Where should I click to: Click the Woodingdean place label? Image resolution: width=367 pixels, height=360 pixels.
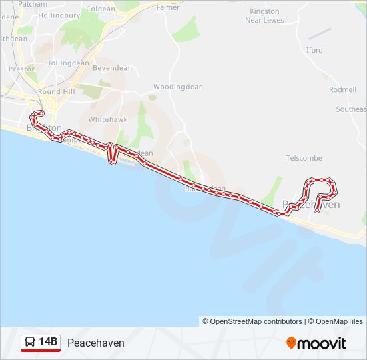click(x=173, y=87)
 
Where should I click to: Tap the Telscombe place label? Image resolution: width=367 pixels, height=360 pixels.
click(x=304, y=158)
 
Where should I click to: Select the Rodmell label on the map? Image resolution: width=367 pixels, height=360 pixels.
click(x=342, y=89)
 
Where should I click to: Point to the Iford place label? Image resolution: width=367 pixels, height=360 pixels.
click(x=314, y=50)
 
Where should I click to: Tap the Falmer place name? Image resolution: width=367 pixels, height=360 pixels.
click(x=168, y=7)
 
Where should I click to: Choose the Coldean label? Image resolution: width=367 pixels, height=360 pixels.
click(x=101, y=9)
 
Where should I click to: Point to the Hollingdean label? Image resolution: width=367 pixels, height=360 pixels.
click(x=69, y=63)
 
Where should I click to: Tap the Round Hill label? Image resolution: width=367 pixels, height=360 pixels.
click(x=57, y=92)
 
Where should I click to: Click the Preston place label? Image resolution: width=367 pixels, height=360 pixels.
click(x=23, y=69)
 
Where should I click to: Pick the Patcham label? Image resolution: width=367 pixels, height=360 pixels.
click(x=33, y=3)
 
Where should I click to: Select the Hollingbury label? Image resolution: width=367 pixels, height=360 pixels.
click(x=59, y=15)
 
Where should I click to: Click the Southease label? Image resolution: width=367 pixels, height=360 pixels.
click(x=351, y=109)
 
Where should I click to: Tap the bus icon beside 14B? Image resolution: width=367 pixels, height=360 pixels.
click(x=30, y=343)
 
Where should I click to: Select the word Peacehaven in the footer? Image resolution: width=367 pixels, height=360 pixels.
click(x=96, y=343)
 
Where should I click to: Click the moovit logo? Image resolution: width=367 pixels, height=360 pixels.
click(x=316, y=343)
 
